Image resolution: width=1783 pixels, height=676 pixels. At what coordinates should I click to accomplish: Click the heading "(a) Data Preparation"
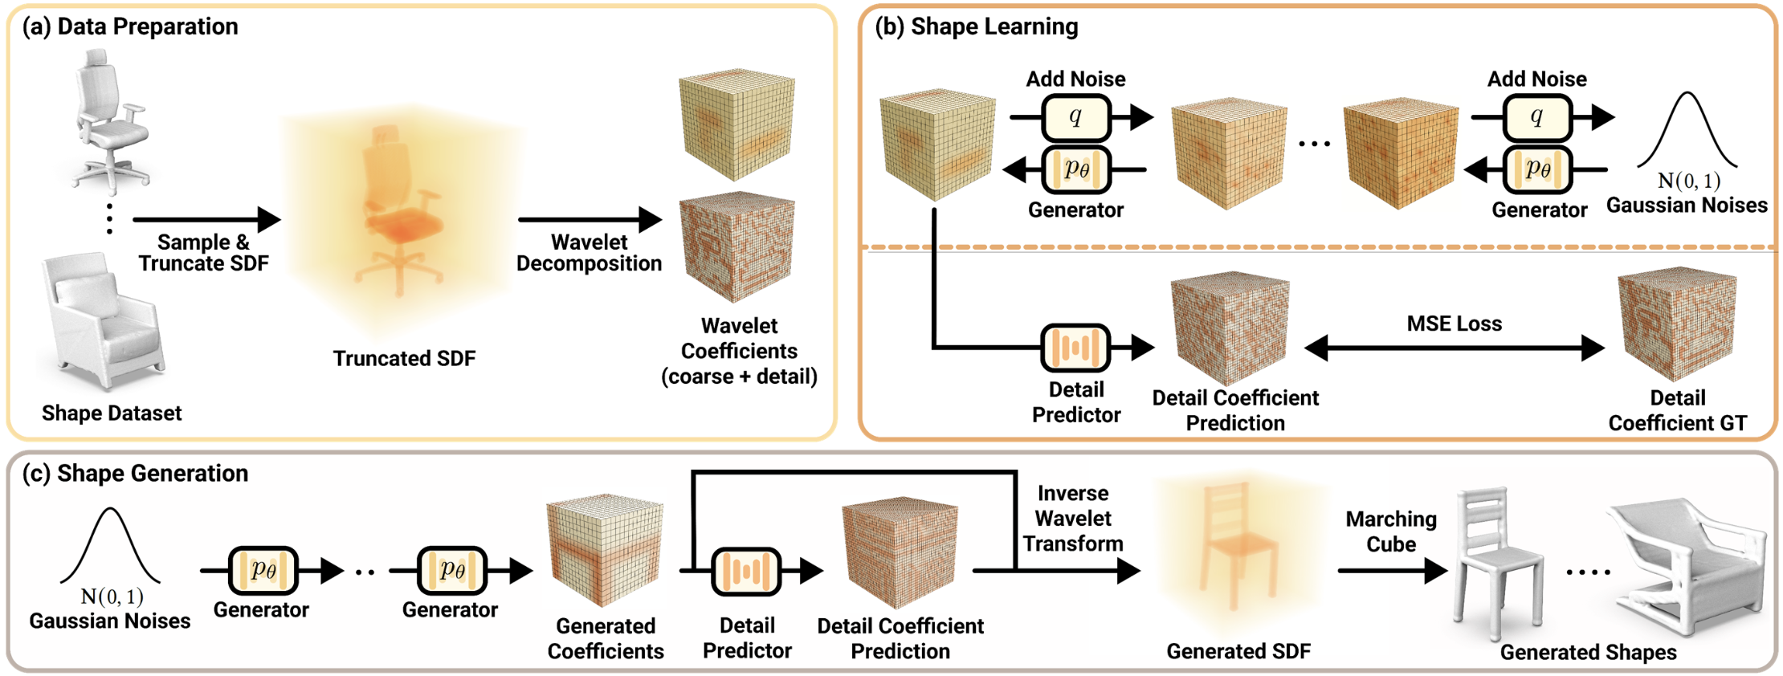(130, 26)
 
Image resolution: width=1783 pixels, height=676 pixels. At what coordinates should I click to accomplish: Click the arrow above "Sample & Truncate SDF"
(206, 218)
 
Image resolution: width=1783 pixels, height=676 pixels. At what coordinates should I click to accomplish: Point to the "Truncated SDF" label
(404, 358)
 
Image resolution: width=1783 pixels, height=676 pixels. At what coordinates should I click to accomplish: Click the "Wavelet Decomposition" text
(589, 253)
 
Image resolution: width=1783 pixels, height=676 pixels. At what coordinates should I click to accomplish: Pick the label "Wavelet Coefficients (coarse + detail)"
(739, 351)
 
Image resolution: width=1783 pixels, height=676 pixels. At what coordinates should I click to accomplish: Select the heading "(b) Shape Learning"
(976, 26)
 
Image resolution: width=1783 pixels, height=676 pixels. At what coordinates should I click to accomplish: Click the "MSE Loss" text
(1454, 324)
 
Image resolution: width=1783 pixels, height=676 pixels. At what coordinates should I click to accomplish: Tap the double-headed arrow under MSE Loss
(1454, 348)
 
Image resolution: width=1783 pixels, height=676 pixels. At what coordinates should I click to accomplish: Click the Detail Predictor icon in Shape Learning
(1075, 348)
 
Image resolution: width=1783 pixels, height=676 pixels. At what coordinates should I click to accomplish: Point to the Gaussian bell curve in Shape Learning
(1687, 132)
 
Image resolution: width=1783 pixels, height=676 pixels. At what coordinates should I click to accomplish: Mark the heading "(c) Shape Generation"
(135, 473)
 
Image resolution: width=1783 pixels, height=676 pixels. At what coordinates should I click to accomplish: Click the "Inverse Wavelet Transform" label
(1073, 519)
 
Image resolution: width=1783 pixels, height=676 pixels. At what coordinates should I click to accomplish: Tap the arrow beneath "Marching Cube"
(1391, 571)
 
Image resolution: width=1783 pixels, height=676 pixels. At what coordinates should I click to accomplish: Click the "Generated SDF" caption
(1238, 651)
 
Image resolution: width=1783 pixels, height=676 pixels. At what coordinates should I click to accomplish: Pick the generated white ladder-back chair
(1499, 562)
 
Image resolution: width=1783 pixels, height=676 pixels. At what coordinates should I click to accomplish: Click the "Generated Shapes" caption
(1588, 652)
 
